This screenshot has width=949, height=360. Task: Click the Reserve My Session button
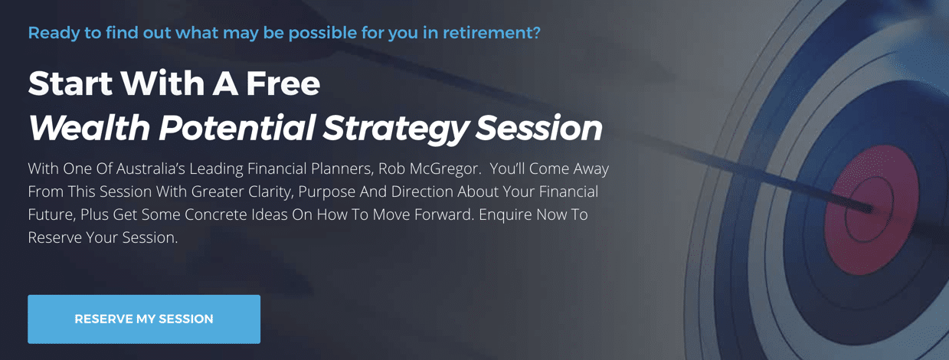pyautogui.click(x=144, y=319)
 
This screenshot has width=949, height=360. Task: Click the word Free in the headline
pyautogui.click(x=283, y=83)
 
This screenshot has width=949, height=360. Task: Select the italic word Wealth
pyautogui.click(x=90, y=127)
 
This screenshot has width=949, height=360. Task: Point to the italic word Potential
pyautogui.click(x=237, y=127)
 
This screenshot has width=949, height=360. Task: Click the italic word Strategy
pyautogui.click(x=395, y=129)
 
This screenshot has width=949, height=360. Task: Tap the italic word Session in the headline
pyautogui.click(x=539, y=127)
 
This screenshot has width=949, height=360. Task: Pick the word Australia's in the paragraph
pyautogui.click(x=150, y=169)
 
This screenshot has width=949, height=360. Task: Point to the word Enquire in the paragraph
pyautogui.click(x=506, y=214)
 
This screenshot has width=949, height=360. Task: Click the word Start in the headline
pyautogui.click(x=70, y=83)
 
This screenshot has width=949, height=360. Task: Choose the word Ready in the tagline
pyautogui.click(x=54, y=34)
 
